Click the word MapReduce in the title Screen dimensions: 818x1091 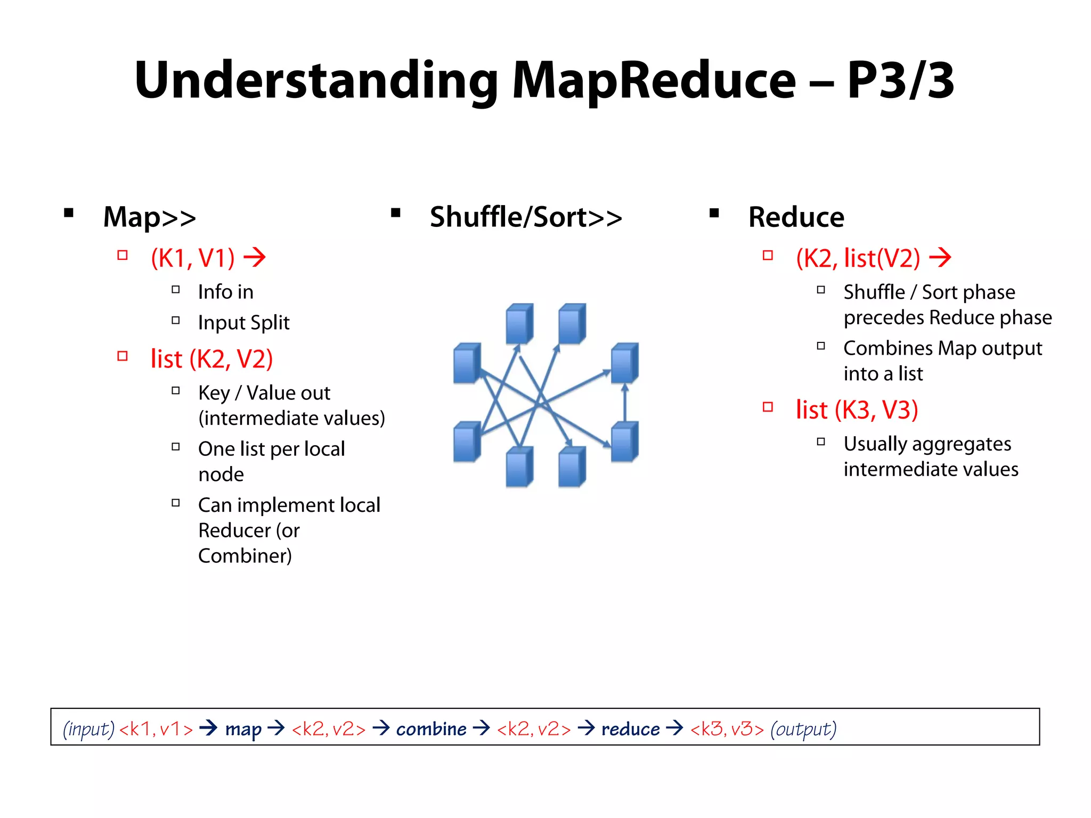pyautogui.click(x=654, y=81)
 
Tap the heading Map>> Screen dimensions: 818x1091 pyautogui.click(x=150, y=217)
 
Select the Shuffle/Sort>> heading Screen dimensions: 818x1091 pyautogui.click(x=526, y=217)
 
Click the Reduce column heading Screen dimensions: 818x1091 pyautogui.click(x=796, y=217)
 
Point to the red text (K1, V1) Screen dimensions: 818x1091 pyautogui.click(x=193, y=258)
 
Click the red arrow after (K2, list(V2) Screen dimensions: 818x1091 pyautogui.click(x=940, y=258)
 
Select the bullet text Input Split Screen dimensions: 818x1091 pyautogui.click(x=243, y=323)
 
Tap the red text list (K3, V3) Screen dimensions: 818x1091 pyautogui.click(x=857, y=410)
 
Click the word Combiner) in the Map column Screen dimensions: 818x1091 pyautogui.click(x=245, y=556)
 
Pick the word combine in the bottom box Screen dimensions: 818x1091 pyautogui.click(x=431, y=729)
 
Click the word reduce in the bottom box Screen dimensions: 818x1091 pyautogui.click(x=630, y=729)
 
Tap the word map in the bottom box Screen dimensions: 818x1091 pyautogui.click(x=243, y=729)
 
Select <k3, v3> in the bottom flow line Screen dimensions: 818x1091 pyautogui.click(x=727, y=729)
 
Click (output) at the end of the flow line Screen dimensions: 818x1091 pyautogui.click(x=803, y=729)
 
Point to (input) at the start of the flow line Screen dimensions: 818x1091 pyautogui.click(x=88, y=729)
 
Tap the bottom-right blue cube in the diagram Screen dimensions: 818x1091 pyautogui.click(x=624, y=442)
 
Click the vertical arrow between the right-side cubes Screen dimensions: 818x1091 pyautogui.click(x=625, y=403)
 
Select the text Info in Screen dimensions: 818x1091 pyautogui.click(x=225, y=292)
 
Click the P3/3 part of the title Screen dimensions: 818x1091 pyautogui.click(x=900, y=81)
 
